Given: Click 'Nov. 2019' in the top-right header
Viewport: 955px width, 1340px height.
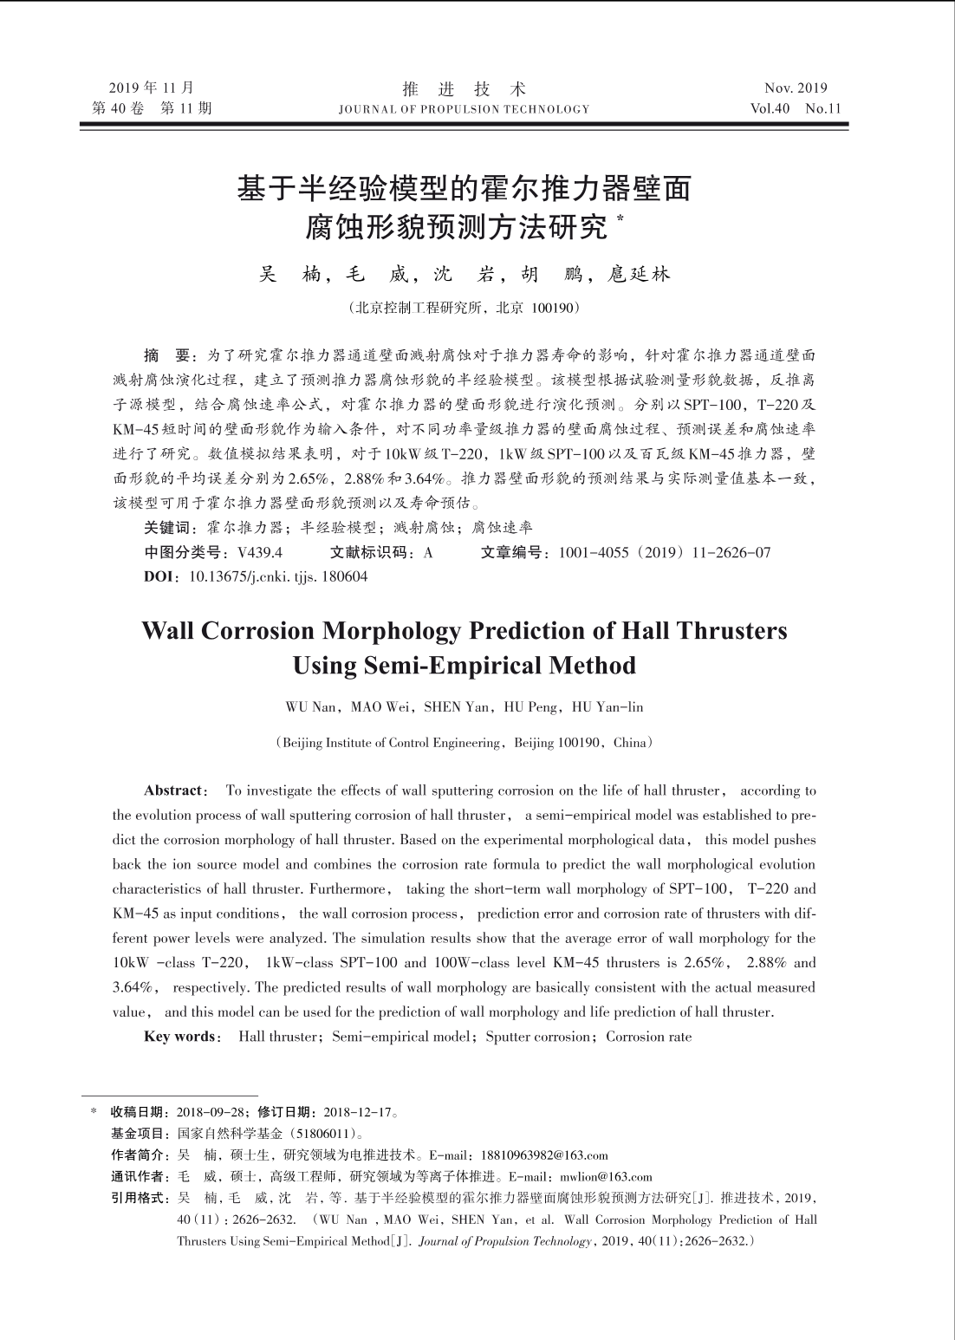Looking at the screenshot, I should (x=795, y=88).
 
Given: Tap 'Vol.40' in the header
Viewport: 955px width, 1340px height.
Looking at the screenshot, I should (x=770, y=109).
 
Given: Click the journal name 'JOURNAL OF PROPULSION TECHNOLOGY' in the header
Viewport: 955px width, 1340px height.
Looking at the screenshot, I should (x=464, y=109).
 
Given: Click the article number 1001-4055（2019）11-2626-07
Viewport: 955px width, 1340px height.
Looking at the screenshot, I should (x=665, y=553).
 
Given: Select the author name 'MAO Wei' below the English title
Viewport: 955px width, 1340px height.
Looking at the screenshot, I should (x=380, y=706).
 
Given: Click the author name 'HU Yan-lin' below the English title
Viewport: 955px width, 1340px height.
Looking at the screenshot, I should (x=607, y=706).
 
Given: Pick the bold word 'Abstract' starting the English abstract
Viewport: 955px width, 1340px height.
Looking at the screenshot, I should (x=173, y=790).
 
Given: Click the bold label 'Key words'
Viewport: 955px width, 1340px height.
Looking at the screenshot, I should (x=180, y=1037).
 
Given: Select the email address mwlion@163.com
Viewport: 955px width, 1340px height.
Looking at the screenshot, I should (x=606, y=1177).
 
